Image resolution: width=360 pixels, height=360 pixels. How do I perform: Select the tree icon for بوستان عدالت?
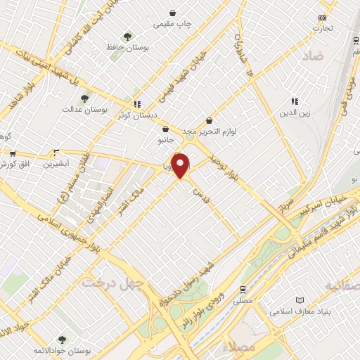pos(85,98)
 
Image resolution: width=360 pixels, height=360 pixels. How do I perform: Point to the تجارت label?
pos(323,28)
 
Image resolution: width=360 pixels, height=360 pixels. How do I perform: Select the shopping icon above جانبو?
pos(165,129)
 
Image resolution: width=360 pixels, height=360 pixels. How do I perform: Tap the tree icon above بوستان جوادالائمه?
pos(60,339)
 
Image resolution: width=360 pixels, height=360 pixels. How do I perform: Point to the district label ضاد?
pos(312,55)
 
